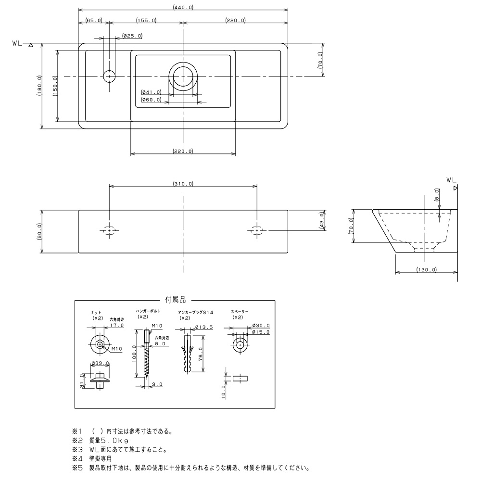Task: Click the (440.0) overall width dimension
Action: point(183,7)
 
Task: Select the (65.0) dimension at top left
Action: point(94,20)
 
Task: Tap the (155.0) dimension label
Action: point(146,20)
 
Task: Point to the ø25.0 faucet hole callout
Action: point(132,36)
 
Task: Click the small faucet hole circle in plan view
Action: point(109,76)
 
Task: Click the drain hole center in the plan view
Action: point(183,76)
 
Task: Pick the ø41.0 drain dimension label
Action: point(151,92)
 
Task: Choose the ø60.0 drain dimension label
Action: point(151,100)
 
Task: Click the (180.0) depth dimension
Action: point(39,86)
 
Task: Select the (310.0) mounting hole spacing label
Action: point(183,184)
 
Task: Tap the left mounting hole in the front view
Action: point(110,230)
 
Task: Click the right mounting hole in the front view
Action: point(257,230)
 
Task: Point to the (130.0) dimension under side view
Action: point(426,270)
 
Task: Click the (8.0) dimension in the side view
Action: point(437,195)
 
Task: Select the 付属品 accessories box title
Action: point(176,300)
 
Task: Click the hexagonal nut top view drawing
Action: point(100,344)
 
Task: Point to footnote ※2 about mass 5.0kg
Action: point(101,441)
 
